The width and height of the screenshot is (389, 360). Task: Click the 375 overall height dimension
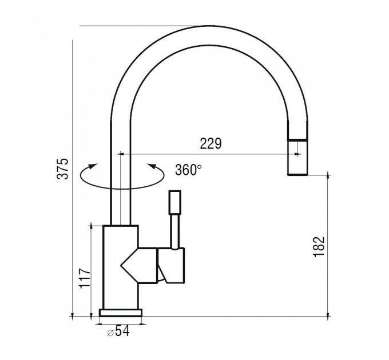62,169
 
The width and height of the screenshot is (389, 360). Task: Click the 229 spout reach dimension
211,143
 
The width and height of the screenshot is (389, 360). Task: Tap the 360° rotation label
188,170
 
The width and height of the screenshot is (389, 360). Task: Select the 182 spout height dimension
319,247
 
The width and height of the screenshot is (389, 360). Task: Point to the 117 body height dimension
85,278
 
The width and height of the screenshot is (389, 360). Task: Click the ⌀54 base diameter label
118,331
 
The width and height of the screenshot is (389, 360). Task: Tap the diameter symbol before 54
110,333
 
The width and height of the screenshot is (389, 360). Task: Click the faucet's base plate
121,313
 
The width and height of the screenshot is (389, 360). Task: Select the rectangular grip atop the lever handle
175,202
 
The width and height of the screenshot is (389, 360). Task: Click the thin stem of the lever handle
175,231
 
